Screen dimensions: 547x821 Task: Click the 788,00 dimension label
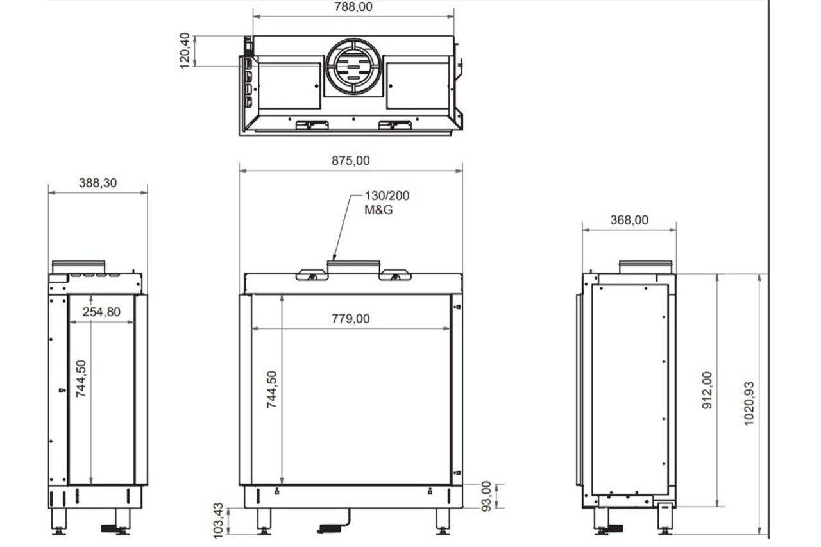(353, 7)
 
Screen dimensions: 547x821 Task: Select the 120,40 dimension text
(185, 50)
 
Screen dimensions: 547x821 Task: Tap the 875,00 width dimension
(350, 161)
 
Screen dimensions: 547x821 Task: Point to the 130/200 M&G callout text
(386, 202)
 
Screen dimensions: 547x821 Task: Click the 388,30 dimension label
(98, 183)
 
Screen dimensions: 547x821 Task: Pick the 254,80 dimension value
(101, 312)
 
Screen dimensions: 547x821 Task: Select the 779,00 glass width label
(350, 319)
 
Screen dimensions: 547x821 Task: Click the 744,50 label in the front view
(272, 389)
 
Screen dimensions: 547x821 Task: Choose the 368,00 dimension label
(629, 220)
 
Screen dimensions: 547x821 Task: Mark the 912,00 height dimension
(707, 391)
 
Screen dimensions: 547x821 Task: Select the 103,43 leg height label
(219, 518)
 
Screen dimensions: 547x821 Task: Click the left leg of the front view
(264, 519)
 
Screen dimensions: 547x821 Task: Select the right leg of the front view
(443, 519)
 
